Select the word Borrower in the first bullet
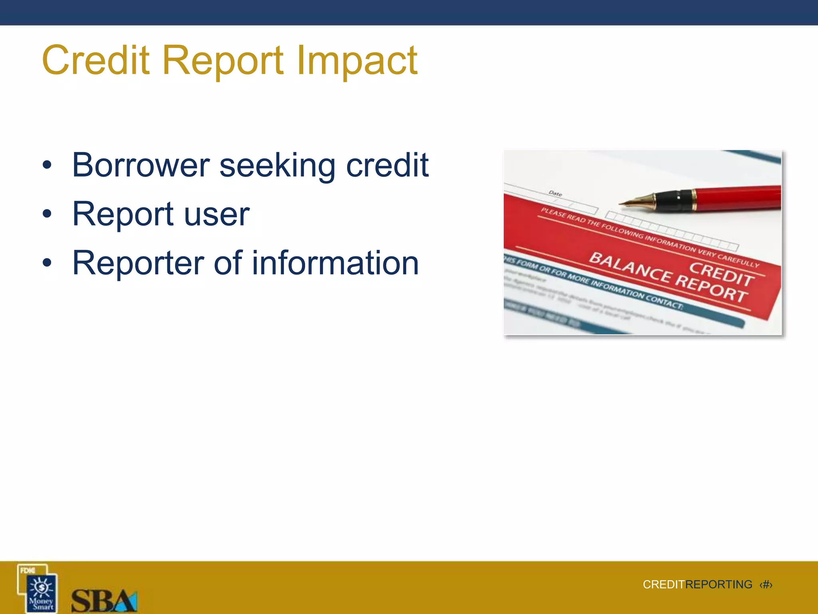tap(141, 165)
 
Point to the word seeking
tap(277, 165)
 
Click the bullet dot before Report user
tap(47, 214)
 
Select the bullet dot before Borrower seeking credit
tap(47, 165)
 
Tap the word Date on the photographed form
tap(555, 193)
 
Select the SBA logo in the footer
tap(104, 600)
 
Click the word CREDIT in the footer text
tap(663, 585)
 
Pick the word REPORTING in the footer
tap(719, 585)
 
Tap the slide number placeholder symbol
tap(766, 585)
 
